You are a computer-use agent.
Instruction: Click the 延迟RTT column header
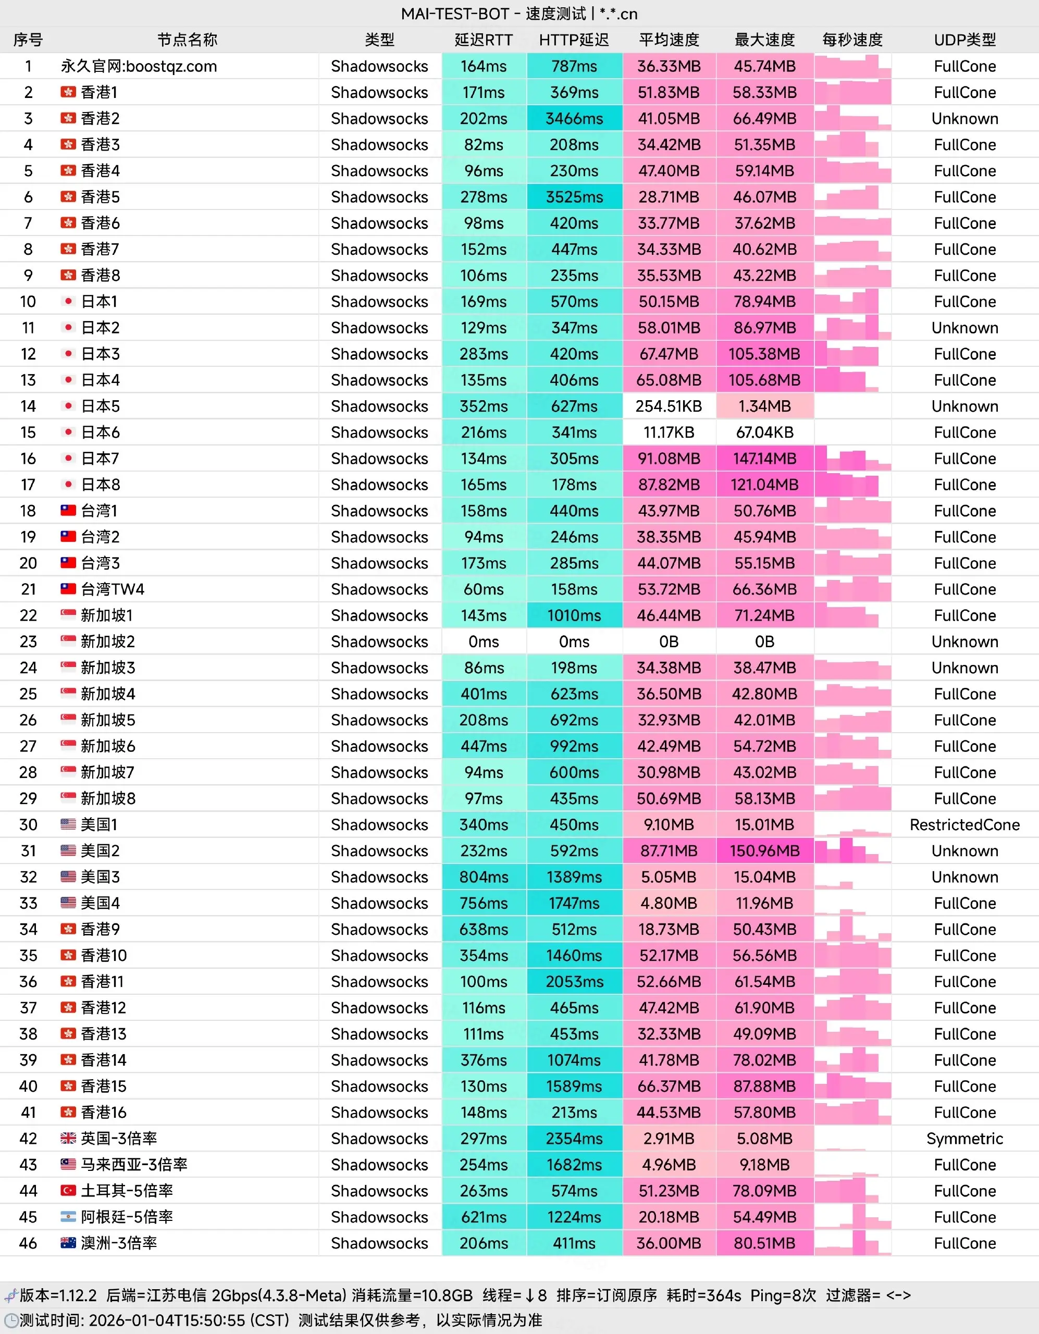(x=483, y=40)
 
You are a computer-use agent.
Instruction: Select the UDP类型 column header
(x=964, y=40)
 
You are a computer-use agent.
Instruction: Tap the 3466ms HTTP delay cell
(x=574, y=118)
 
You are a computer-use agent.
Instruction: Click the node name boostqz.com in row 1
(x=139, y=66)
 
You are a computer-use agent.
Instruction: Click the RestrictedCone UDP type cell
(x=964, y=824)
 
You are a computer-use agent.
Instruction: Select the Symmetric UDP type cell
(x=964, y=1139)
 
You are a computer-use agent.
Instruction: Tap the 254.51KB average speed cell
(x=669, y=406)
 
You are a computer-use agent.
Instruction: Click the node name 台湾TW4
(x=113, y=589)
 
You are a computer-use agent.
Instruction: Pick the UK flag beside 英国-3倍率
(x=68, y=1139)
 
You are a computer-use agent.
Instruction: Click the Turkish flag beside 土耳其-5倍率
(x=68, y=1191)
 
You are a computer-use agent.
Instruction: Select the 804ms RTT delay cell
(x=483, y=877)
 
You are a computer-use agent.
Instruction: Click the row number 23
(x=28, y=642)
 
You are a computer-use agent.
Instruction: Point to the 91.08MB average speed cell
(x=669, y=459)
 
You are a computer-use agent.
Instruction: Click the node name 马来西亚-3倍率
(x=134, y=1165)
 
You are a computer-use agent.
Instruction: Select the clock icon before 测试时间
(x=10, y=1320)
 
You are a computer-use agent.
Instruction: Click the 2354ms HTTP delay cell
(x=574, y=1139)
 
